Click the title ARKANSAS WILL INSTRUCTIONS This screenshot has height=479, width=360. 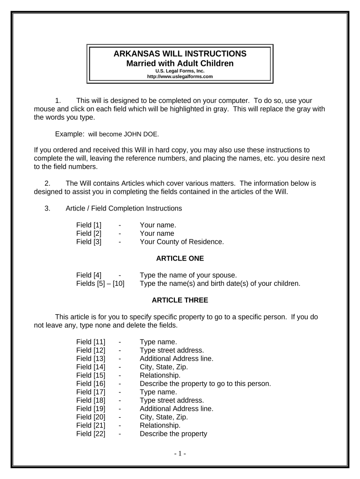[x=180, y=54]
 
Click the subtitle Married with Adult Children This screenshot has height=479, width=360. [x=180, y=63]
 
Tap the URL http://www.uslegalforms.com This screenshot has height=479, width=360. [x=180, y=76]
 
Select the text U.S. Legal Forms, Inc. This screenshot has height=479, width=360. [x=180, y=71]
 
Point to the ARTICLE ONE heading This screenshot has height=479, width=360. [x=180, y=258]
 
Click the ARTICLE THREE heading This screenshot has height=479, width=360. [x=180, y=300]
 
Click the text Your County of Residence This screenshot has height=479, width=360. [x=182, y=242]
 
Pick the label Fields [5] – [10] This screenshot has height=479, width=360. [x=100, y=283]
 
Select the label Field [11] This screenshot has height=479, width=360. [x=91, y=342]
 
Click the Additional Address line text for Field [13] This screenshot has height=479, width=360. [x=176, y=359]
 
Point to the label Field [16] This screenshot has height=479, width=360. [x=91, y=384]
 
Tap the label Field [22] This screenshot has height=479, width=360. [x=91, y=434]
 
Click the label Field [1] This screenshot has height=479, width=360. [x=89, y=225]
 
